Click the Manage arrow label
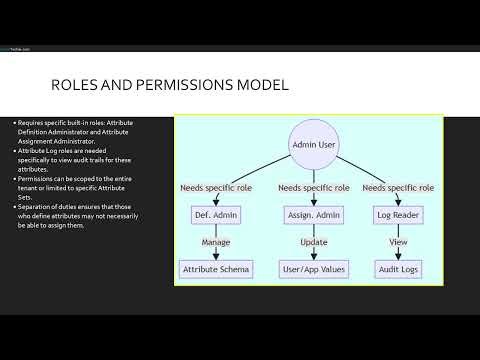click(x=216, y=242)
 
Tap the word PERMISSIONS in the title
click(x=176, y=86)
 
